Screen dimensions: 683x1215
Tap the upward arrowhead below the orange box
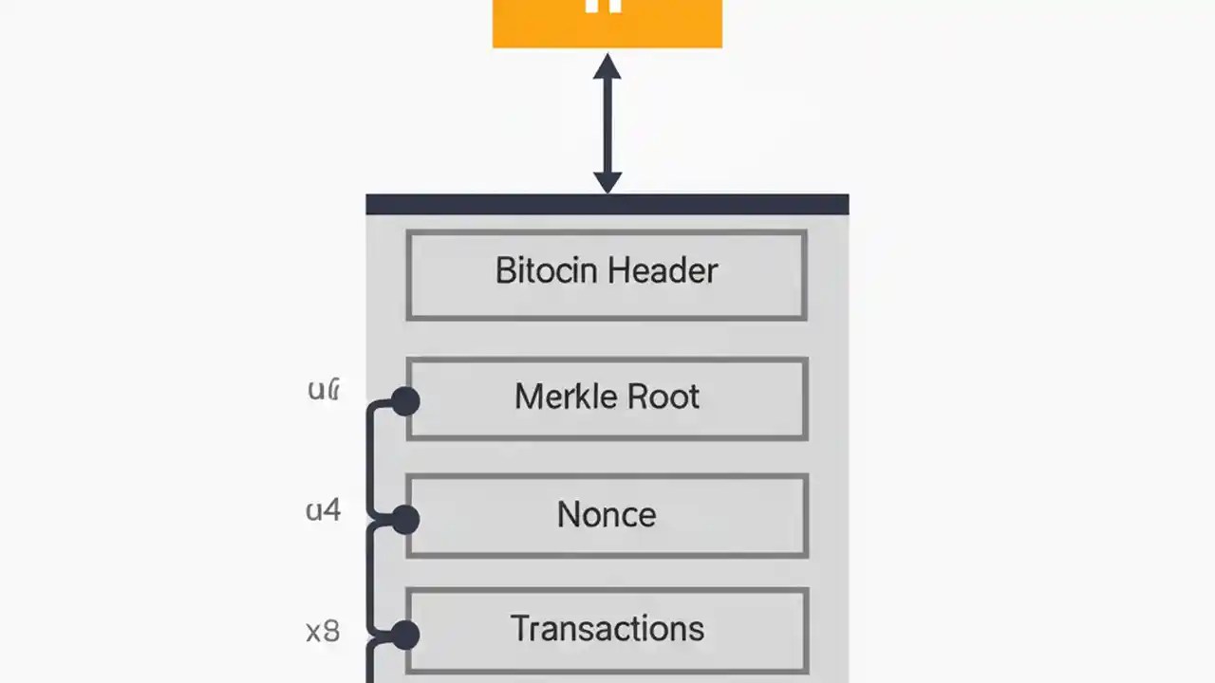(607, 66)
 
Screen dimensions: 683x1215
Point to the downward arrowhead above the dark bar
(607, 181)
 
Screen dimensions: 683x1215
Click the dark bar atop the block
(607, 204)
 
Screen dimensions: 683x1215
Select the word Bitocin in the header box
(547, 271)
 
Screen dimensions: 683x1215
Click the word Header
(663, 271)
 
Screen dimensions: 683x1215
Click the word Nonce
(607, 515)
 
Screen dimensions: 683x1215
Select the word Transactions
(607, 629)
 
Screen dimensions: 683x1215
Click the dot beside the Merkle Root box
(405, 401)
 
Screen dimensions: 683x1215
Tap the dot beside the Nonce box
(405, 519)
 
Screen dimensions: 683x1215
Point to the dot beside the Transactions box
(405, 635)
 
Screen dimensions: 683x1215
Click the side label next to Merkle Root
(324, 389)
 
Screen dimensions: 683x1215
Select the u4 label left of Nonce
(323, 511)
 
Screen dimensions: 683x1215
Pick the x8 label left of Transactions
(323, 631)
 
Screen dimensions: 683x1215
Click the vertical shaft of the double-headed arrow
(607, 123)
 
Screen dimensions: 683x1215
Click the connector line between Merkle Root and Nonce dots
(369, 460)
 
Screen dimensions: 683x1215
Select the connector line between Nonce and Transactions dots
(369, 577)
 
